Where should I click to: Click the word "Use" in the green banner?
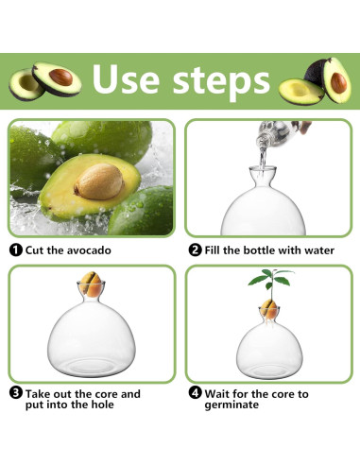[x=126, y=78]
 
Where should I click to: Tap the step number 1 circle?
[x=16, y=250]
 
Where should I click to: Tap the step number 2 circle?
[x=195, y=250]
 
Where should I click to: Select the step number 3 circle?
[x=16, y=393]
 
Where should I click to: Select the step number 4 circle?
[x=195, y=393]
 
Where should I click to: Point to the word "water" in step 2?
[x=319, y=250]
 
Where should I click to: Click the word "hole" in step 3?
[x=102, y=405]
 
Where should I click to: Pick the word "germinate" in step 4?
[x=231, y=405]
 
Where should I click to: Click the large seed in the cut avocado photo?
[x=99, y=181]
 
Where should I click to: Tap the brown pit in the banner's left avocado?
[x=61, y=77]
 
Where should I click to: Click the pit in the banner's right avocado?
[x=338, y=83]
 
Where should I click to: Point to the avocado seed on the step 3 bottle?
[x=92, y=284]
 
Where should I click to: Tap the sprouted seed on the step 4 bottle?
[x=269, y=309]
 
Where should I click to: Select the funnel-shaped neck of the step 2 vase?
[x=263, y=177]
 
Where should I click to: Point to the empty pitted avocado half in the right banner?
[x=300, y=92]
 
